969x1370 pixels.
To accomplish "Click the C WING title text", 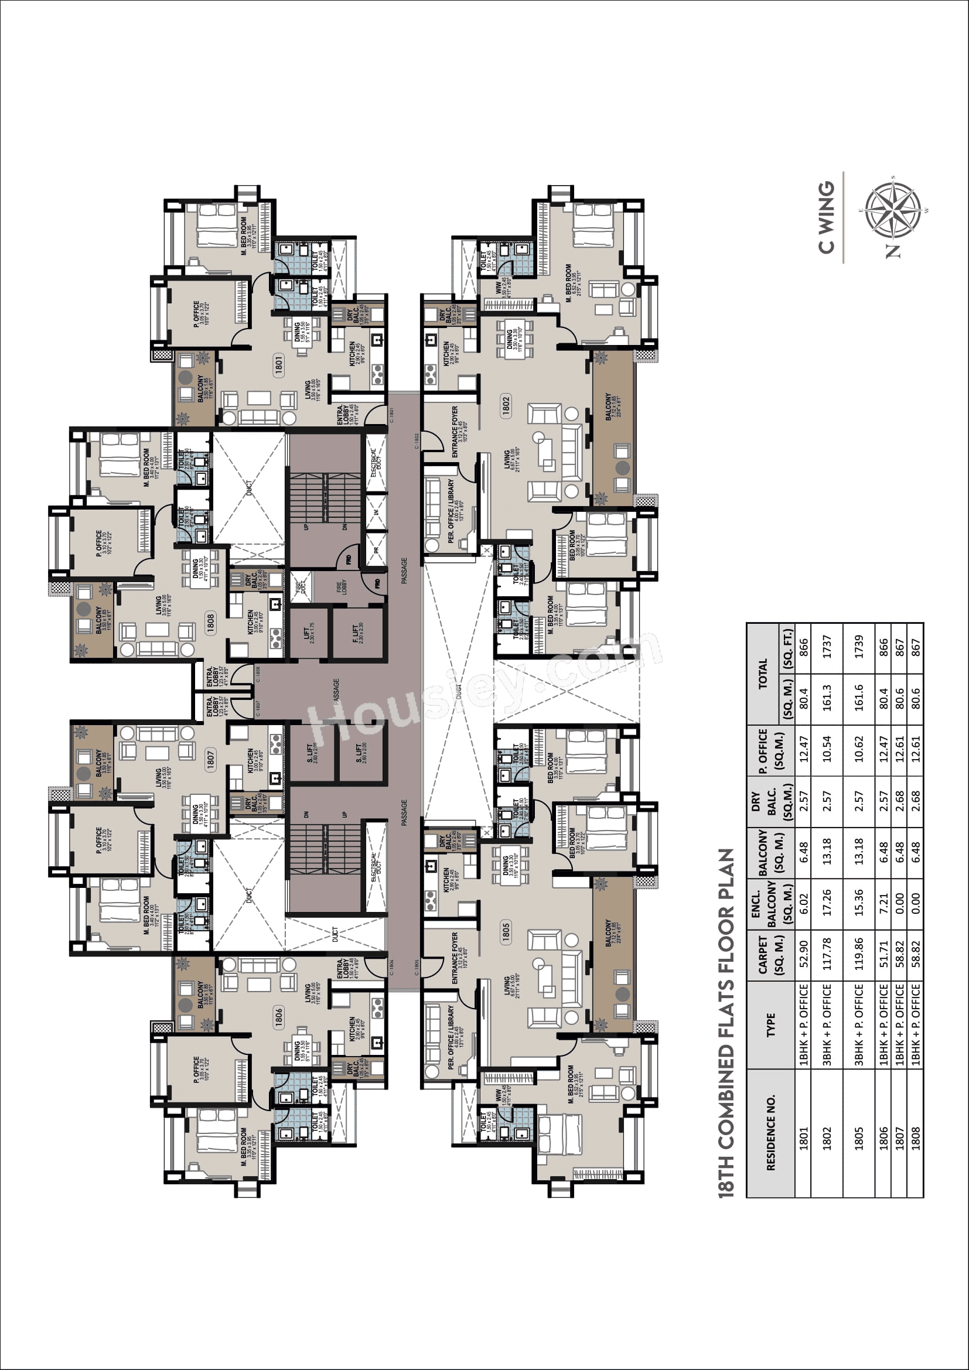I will click(x=827, y=218).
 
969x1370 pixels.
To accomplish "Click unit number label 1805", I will click(x=507, y=932).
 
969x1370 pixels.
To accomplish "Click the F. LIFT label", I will click(x=356, y=634).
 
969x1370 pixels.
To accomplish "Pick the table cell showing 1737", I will click(x=827, y=647).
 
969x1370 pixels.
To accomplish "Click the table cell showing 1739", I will click(x=859, y=647).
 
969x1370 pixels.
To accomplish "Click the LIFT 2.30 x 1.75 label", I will click(x=308, y=634).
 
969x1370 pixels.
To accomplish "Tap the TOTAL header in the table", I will click(x=763, y=674).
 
